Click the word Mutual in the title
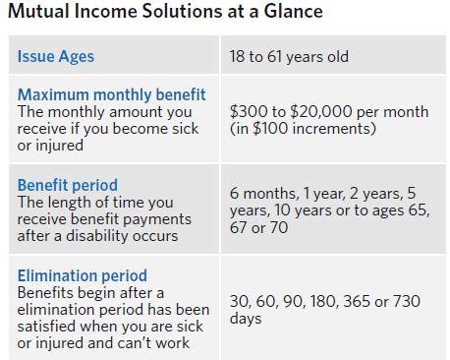pyautogui.click(x=36, y=14)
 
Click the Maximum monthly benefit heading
pyautogui.click(x=112, y=94)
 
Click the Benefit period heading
pyautogui.click(x=68, y=185)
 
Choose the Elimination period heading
pyautogui.click(x=83, y=275)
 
